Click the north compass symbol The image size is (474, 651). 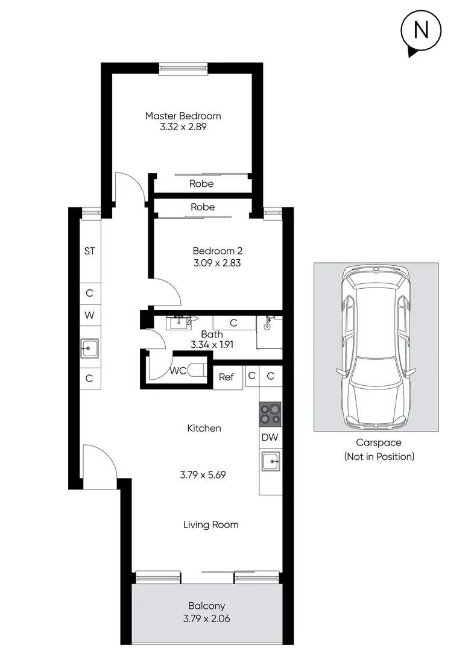(421, 31)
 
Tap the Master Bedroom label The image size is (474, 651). (183, 116)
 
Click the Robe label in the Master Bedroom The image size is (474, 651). (201, 184)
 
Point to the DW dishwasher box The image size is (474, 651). (270, 438)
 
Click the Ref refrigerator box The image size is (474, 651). (226, 377)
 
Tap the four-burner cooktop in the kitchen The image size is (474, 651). (270, 415)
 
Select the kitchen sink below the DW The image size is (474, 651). (270, 462)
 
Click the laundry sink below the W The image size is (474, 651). (89, 347)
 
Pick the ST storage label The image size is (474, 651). (89, 251)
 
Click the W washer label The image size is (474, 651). (89, 315)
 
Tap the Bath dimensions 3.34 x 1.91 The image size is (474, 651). (212, 345)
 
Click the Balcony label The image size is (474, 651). (206, 606)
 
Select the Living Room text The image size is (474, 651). (210, 525)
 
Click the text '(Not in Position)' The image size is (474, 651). (379, 456)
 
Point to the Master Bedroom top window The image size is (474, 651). (184, 69)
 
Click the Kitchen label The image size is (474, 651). (204, 429)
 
